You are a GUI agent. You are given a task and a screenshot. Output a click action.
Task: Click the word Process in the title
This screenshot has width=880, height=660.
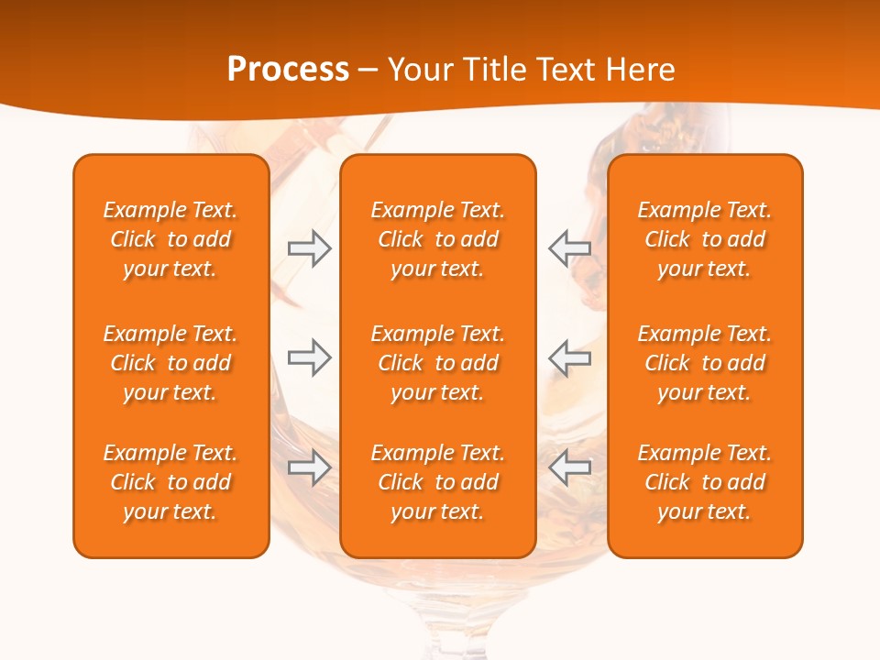pyautogui.click(x=288, y=70)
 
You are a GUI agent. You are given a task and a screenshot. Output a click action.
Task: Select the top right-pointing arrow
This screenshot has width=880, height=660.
pyautogui.click(x=310, y=248)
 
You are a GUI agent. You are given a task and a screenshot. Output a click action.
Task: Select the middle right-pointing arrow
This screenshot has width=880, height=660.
pyautogui.click(x=310, y=357)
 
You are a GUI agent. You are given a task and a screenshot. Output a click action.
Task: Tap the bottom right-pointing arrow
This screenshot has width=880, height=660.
pyautogui.click(x=310, y=467)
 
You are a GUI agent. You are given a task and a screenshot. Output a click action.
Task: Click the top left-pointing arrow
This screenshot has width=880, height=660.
pyautogui.click(x=569, y=247)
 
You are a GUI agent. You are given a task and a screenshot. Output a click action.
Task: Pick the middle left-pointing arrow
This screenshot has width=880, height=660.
pyautogui.click(x=569, y=357)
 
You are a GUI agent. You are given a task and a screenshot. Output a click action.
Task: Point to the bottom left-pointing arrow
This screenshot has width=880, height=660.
pyautogui.click(x=569, y=467)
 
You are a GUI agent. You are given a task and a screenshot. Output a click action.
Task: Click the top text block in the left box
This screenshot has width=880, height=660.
pyautogui.click(x=170, y=239)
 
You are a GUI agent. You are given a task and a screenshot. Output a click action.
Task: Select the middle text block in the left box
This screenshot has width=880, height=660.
pyautogui.click(x=170, y=363)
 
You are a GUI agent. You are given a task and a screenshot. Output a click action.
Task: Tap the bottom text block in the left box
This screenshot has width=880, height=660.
pyautogui.click(x=170, y=482)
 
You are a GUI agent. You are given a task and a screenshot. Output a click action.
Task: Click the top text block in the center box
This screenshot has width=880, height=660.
pyautogui.click(x=438, y=239)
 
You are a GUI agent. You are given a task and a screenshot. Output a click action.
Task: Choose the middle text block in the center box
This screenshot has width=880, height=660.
pyautogui.click(x=438, y=363)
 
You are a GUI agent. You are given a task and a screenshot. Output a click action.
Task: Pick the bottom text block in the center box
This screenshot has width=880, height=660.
pyautogui.click(x=438, y=482)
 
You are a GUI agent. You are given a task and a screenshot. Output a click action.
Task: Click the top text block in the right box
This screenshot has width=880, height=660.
pyautogui.click(x=705, y=239)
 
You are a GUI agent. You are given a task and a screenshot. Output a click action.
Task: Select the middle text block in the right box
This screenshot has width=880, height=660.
pyautogui.click(x=705, y=363)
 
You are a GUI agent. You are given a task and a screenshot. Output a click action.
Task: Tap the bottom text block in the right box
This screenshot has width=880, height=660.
pyautogui.click(x=705, y=482)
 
